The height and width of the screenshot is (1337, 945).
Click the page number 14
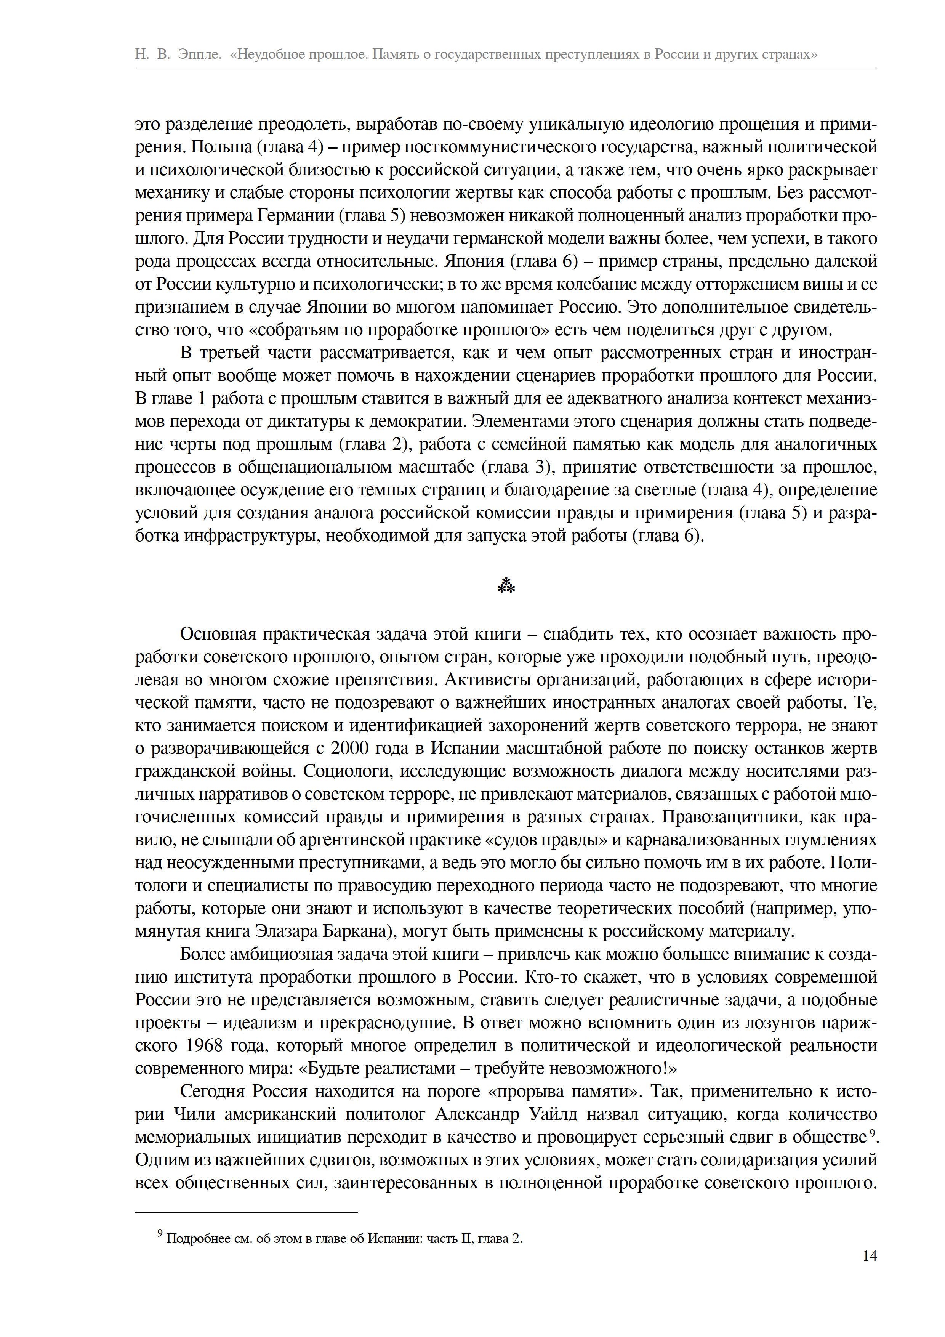click(869, 1256)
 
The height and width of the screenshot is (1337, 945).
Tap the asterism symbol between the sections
click(506, 586)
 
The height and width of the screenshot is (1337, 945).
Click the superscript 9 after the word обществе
click(871, 1133)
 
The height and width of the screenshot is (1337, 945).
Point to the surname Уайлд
click(553, 1114)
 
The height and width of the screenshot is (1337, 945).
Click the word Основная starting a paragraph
click(218, 634)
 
